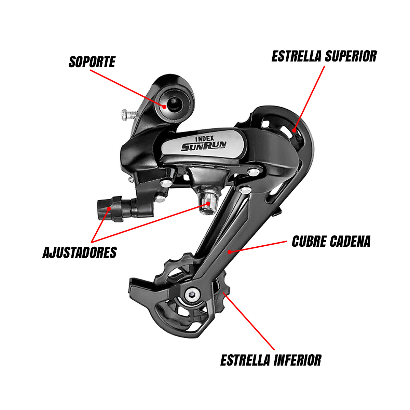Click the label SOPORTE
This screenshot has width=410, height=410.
coord(92,62)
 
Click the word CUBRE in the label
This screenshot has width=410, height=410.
coord(309,241)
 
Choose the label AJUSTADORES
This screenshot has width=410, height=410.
coord(80,252)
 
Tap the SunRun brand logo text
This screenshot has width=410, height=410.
coord(204,146)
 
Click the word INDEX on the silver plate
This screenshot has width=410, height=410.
coord(204,138)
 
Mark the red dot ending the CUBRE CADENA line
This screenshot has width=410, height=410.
coord(230,252)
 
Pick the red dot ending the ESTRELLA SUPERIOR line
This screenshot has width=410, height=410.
coord(294,130)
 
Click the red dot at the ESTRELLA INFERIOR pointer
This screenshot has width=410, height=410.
coord(224,293)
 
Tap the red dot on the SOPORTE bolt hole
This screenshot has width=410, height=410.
coord(164,106)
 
